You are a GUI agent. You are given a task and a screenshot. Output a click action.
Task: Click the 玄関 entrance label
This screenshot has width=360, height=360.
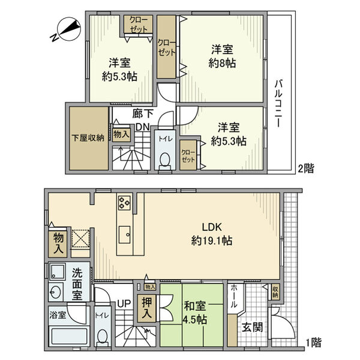coord(251,328)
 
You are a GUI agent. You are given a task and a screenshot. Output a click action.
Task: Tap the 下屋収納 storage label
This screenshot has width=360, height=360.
coord(88,137)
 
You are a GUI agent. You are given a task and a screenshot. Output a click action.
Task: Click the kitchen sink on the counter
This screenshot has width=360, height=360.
coord(125,233)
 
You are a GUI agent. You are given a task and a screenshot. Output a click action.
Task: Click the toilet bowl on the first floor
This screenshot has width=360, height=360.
coord(102,337)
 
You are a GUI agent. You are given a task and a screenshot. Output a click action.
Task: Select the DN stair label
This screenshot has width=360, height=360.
coord(142,127)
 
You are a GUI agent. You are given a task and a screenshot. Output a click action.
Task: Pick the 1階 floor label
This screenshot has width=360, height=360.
coord(313,343)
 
